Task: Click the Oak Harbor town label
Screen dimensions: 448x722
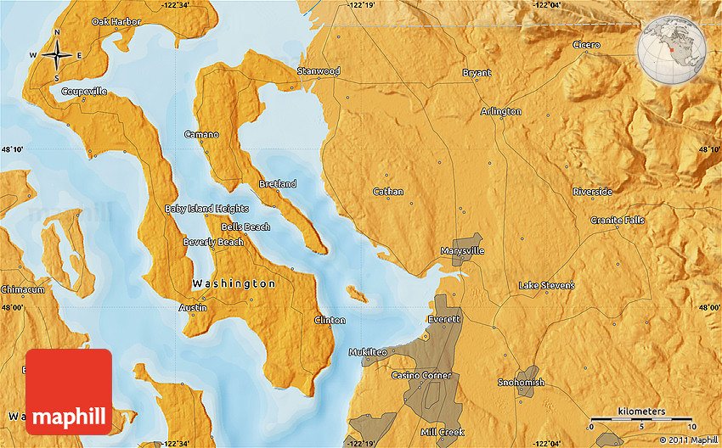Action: point(116,21)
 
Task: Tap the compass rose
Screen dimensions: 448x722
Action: point(57,55)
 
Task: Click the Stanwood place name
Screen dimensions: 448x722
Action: point(319,71)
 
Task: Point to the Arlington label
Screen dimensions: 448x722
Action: point(501,112)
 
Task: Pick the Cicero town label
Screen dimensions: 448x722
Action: point(586,45)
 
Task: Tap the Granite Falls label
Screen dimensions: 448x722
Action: point(618,221)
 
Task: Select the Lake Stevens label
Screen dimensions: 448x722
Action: point(546,286)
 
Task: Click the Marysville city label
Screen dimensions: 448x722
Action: point(463,252)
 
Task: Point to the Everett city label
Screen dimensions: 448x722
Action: point(445,320)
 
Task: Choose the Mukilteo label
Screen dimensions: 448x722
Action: point(369,352)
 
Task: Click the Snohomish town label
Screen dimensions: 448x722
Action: point(521,383)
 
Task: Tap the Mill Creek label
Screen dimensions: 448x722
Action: point(442,433)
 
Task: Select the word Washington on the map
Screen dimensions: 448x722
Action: point(234,284)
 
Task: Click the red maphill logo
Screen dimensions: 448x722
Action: point(69,392)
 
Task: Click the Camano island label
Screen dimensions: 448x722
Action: point(201,135)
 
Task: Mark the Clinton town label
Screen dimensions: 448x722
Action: point(330,321)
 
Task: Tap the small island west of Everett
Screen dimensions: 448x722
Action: point(357,294)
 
